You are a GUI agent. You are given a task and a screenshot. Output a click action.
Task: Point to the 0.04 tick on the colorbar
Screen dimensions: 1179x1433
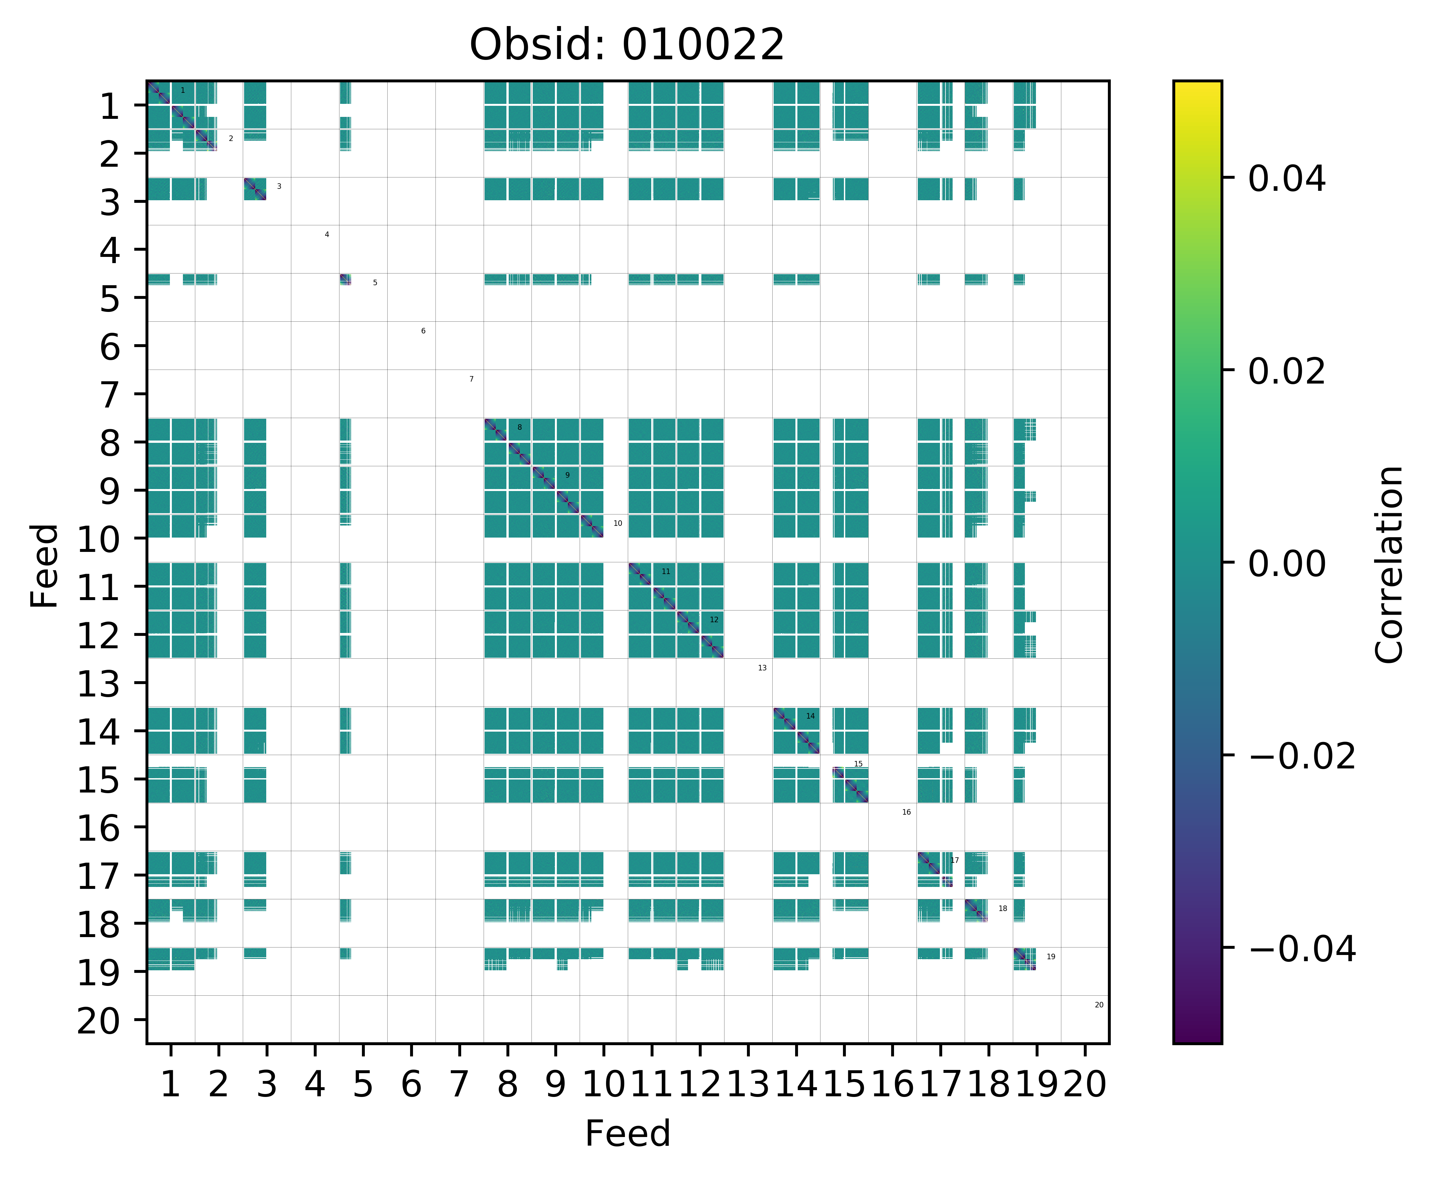click(x=1286, y=179)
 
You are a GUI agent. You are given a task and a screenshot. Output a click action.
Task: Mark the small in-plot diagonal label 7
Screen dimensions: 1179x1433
click(x=471, y=379)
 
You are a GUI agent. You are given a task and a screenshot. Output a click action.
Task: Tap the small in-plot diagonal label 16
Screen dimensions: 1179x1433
click(x=906, y=812)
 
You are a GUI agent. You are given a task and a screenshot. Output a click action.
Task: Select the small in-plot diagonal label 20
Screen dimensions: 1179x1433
click(x=1099, y=1004)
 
